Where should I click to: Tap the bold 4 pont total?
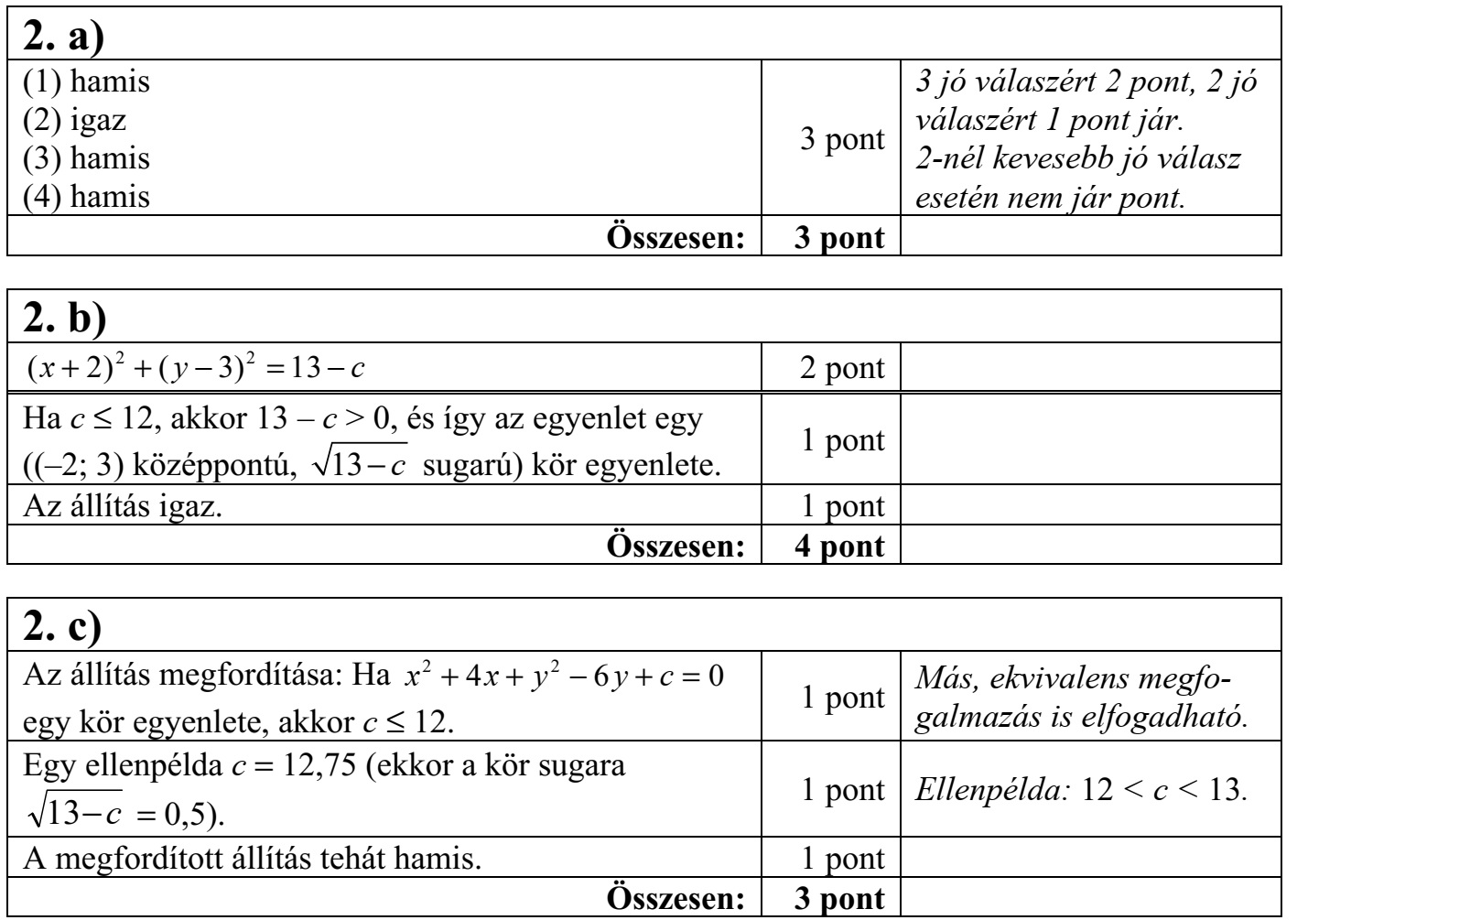(843, 547)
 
